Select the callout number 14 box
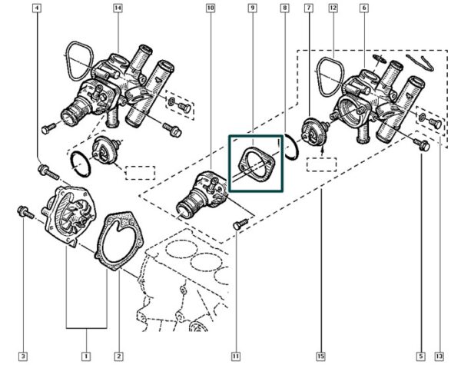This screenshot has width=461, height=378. pyautogui.click(x=118, y=8)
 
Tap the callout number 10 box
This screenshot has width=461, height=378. pyautogui.click(x=211, y=8)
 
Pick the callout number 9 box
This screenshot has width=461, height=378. pyautogui.click(x=252, y=8)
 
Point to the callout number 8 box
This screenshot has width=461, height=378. pyautogui.click(x=285, y=8)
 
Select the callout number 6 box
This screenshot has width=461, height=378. pyautogui.click(x=363, y=8)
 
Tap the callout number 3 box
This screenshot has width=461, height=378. pyautogui.click(x=23, y=356)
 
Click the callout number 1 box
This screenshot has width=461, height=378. pyautogui.click(x=86, y=356)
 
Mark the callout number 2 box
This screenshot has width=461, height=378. pyautogui.click(x=118, y=356)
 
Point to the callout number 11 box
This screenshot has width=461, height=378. pyautogui.click(x=236, y=356)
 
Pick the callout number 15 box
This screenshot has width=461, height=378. pyautogui.click(x=319, y=356)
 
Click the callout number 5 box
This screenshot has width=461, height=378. pyautogui.click(x=421, y=356)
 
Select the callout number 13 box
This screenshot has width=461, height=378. pyautogui.click(x=439, y=356)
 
